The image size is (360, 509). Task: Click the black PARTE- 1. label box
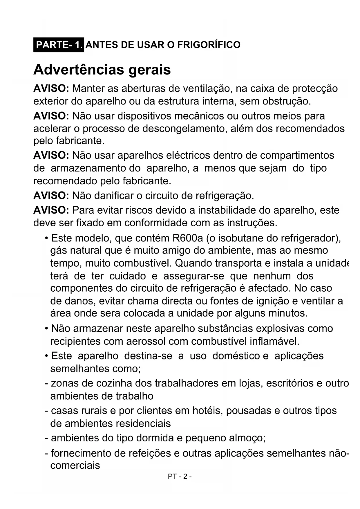(59, 45)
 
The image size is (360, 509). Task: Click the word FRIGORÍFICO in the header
(209, 45)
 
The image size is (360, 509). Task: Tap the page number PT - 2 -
(180, 476)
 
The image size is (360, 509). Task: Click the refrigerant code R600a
(188, 238)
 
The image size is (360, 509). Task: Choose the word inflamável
(274, 341)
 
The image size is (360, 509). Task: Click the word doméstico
(236, 356)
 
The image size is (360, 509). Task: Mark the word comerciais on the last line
(75, 465)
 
